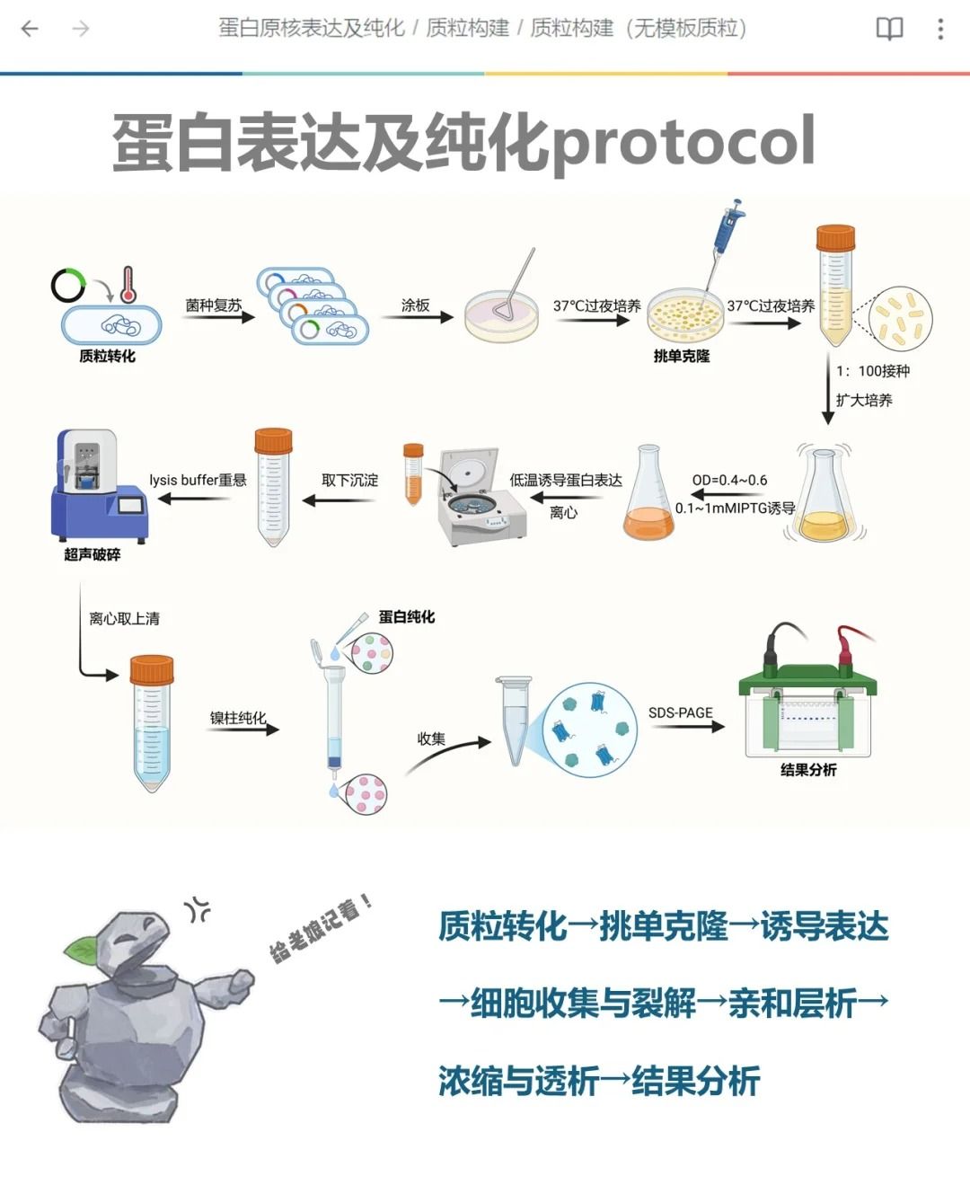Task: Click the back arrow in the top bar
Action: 30,29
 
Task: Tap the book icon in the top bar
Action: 889,29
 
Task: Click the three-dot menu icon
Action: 940,29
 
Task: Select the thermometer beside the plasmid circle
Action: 128,284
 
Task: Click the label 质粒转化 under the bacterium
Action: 107,356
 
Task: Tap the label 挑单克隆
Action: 682,356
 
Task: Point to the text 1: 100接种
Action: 872,371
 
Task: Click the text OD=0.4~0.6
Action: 729,480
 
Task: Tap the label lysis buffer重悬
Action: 198,480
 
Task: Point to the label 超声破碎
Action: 92,554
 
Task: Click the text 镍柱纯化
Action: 238,717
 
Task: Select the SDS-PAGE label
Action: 681,712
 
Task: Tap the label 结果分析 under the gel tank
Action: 808,770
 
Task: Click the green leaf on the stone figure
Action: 83,947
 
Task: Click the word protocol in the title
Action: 683,142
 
